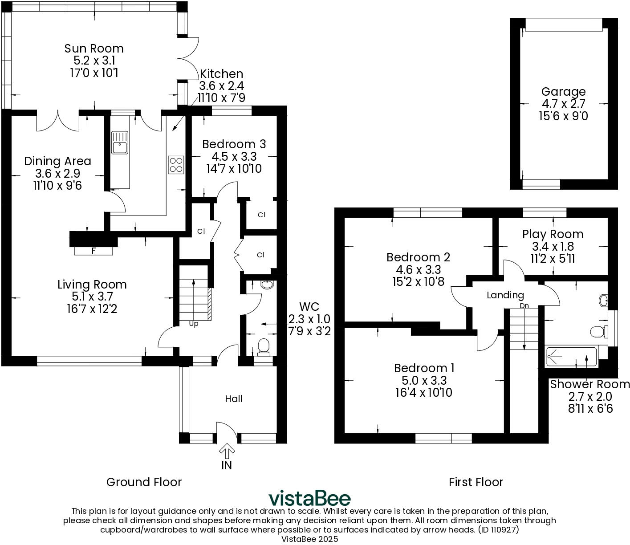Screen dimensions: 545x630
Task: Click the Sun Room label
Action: click(94, 48)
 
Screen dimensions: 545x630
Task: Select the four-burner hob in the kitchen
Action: click(176, 164)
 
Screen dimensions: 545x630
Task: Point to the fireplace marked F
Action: click(93, 251)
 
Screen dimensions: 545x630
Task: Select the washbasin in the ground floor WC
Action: click(267, 285)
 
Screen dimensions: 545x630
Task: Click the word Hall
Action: click(233, 399)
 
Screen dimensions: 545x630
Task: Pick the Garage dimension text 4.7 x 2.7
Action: click(563, 104)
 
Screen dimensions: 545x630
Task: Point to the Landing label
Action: click(505, 295)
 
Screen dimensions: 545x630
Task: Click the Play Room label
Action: click(553, 234)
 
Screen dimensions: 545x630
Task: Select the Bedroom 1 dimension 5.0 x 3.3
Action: click(424, 380)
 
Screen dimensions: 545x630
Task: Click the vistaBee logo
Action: click(309, 498)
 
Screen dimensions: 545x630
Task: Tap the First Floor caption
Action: click(476, 482)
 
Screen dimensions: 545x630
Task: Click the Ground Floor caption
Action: click(144, 482)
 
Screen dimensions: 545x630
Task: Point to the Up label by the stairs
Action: click(194, 324)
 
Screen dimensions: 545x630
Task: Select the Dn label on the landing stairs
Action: click(524, 306)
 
